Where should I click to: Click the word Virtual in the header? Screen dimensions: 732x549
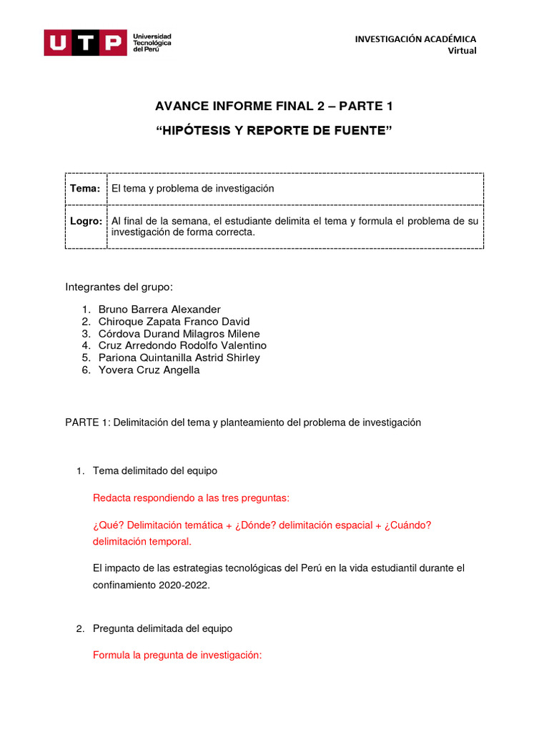[x=462, y=50]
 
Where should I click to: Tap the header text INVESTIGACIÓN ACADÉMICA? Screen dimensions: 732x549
[x=415, y=39]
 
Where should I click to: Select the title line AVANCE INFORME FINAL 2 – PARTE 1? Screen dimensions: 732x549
[x=274, y=107]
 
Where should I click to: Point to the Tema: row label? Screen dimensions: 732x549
[x=85, y=188]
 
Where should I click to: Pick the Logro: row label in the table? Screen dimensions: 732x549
[x=86, y=221]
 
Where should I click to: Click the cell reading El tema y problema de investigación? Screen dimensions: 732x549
[x=192, y=188]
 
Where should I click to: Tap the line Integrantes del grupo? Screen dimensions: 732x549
[x=119, y=287]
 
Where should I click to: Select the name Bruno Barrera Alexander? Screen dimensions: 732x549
[x=159, y=310]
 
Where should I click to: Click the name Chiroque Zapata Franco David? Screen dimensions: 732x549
[x=174, y=322]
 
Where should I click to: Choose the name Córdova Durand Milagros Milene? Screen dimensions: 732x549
[x=179, y=334]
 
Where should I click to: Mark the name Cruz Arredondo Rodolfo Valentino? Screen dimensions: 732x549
[x=182, y=345]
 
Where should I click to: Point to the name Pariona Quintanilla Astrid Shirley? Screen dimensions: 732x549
[x=179, y=357]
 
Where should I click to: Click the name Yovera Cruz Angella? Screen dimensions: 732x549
[x=149, y=370]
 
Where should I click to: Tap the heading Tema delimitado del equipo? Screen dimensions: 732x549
[x=155, y=471]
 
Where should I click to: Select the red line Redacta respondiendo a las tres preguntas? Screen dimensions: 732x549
[x=192, y=498]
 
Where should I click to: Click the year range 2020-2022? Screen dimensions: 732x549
[x=187, y=584]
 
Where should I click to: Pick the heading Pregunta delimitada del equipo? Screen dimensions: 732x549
[x=162, y=628]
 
